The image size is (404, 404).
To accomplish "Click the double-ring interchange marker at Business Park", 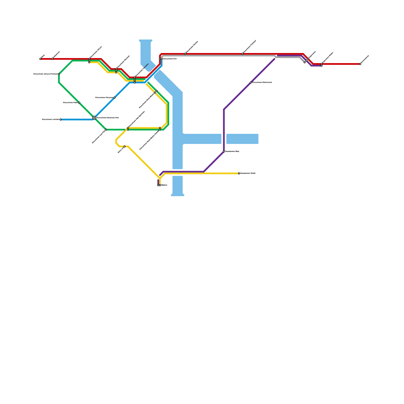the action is pos(94,118).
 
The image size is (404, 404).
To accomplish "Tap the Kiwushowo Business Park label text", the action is pos(108,118).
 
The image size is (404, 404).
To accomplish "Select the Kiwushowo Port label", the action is pos(170,59).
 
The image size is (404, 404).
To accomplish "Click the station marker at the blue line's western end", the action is pos(61,119).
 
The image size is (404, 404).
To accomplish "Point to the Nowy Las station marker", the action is pos(124,146).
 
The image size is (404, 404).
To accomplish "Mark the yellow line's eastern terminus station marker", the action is pos(239,173).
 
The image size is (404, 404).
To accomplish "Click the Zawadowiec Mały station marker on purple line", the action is pos(224,151).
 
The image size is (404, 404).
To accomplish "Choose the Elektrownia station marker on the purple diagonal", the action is pos(251,83).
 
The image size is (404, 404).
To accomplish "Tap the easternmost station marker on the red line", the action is pos(360,64).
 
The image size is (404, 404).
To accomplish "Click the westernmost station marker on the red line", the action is pos(40,59).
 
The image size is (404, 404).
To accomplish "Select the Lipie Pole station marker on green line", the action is pos(106,130).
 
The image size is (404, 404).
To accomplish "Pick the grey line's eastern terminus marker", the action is pos(305,62).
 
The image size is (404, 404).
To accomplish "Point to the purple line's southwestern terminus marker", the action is pos(158,185).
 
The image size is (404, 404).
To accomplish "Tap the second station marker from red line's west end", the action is pos(52,59).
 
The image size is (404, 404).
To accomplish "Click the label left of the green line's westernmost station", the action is pos(45,74).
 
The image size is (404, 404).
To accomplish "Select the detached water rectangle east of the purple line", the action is pos(242,139).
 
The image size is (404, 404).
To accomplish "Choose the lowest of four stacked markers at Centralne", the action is pos(135,83).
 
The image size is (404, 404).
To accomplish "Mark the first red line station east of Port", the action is pos(185,54).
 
